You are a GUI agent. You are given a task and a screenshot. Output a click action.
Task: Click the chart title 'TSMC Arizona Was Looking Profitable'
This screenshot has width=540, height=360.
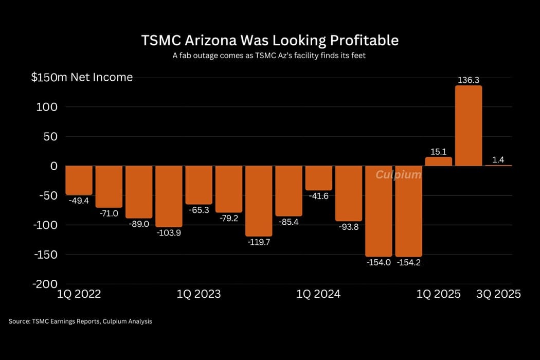tap(270, 40)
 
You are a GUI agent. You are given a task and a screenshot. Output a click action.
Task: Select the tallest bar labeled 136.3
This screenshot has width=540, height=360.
tap(469, 125)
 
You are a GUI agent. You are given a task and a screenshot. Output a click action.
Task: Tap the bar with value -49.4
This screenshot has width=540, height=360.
tap(79, 181)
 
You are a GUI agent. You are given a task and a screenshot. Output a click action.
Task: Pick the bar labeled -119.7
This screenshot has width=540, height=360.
tap(259, 201)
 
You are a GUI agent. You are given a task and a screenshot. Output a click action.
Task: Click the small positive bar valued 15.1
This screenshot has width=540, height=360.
tap(438, 161)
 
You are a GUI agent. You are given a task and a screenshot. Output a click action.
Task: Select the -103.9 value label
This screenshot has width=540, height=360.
tap(169, 232)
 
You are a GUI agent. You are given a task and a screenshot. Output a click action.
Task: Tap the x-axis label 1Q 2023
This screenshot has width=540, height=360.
tap(199, 294)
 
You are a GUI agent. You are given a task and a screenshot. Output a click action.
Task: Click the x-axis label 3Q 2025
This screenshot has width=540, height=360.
tap(498, 294)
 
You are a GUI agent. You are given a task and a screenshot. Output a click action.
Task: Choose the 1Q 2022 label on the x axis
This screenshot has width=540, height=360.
tap(79, 294)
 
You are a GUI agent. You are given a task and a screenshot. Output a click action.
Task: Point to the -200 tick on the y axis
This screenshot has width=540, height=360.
tap(45, 284)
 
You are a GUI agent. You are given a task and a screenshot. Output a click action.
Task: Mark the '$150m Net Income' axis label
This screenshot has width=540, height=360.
tap(82, 78)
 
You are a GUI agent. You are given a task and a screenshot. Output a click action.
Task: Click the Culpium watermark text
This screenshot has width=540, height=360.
tap(398, 175)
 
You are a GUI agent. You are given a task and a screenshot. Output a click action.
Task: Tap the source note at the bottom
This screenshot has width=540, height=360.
tap(80, 321)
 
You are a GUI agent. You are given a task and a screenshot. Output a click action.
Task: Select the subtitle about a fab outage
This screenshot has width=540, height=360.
tap(270, 56)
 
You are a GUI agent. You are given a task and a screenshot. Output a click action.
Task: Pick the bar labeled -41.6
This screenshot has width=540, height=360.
tap(318, 178)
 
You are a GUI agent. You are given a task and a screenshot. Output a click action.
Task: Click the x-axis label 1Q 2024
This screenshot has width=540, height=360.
tap(318, 294)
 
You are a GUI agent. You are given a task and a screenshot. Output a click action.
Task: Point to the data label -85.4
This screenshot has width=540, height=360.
tap(288, 222)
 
